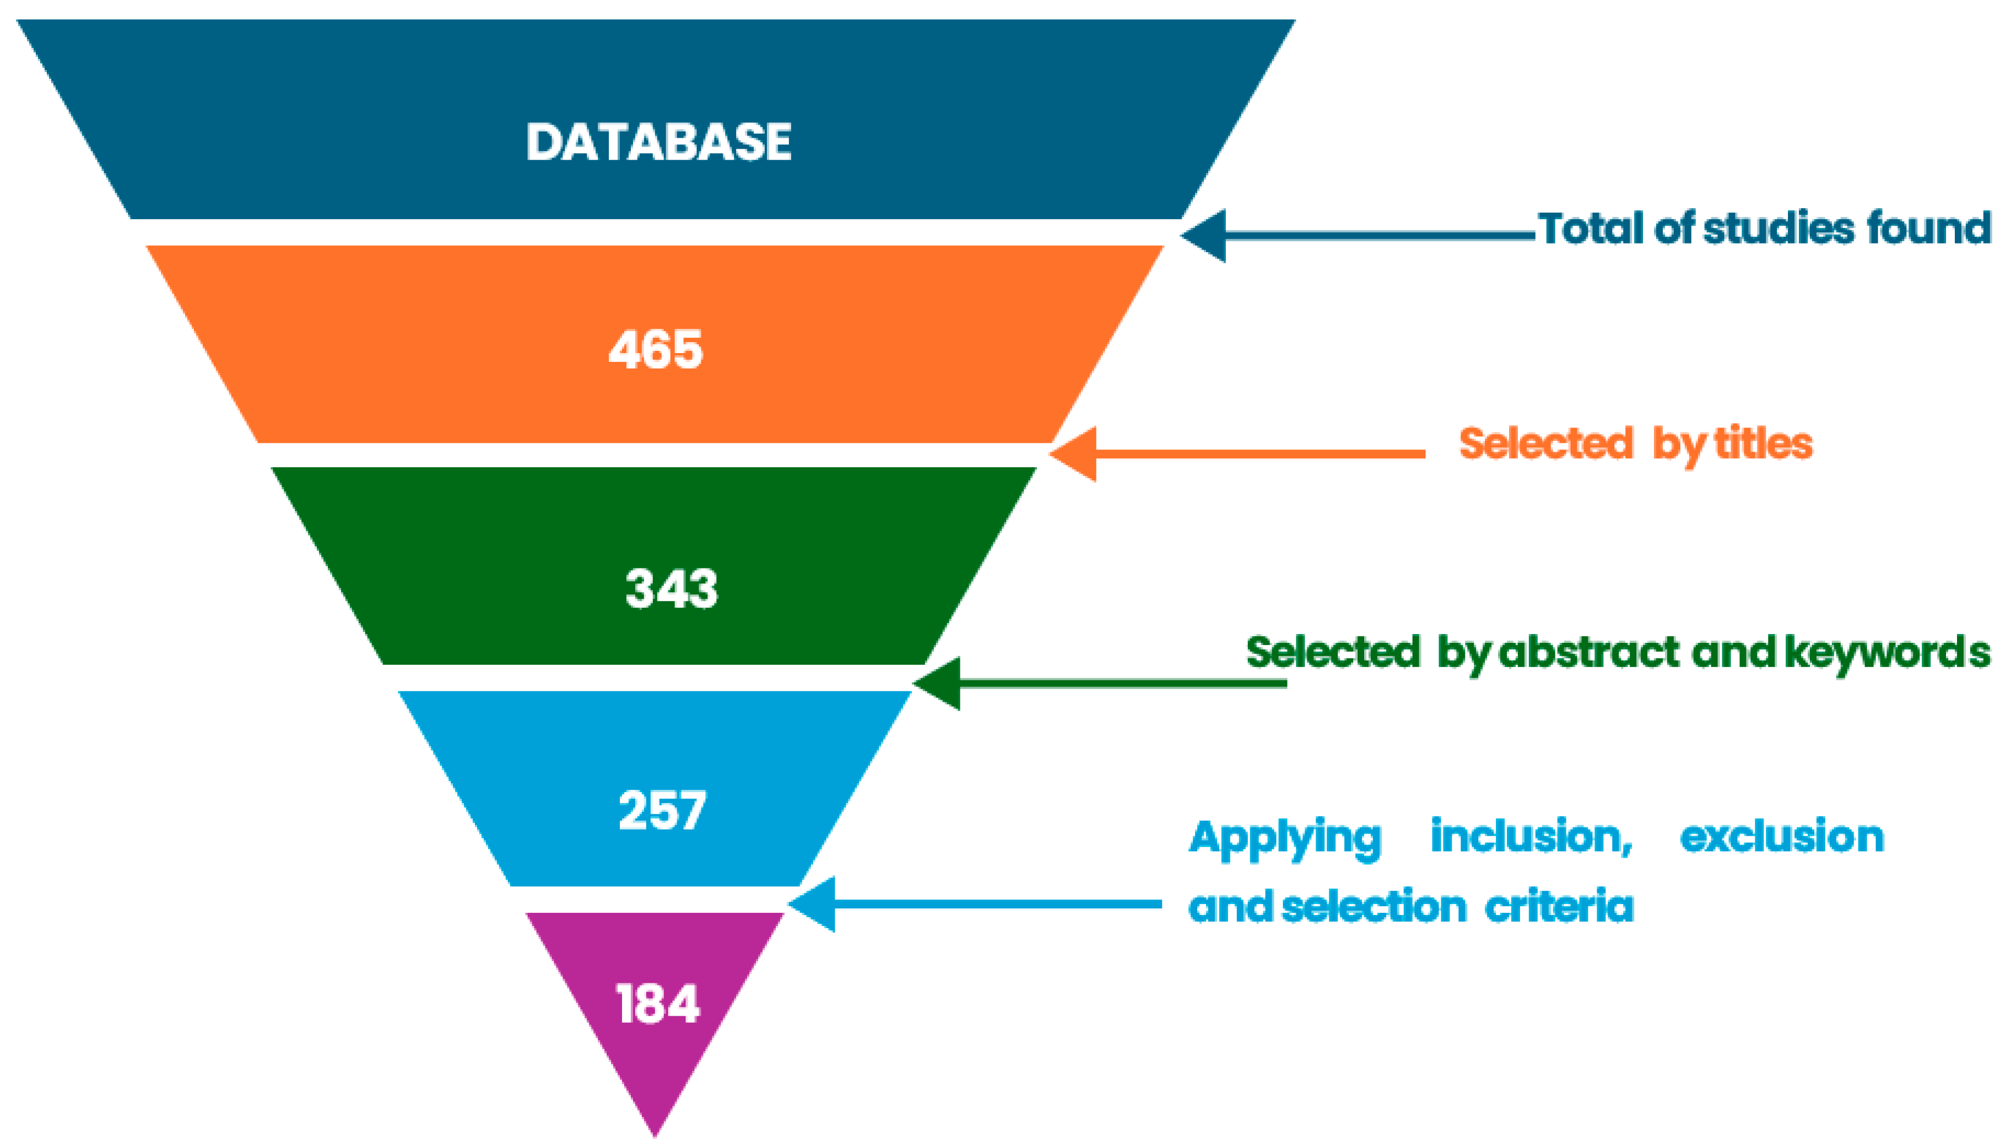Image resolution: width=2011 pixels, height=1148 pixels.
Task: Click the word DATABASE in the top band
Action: click(x=658, y=143)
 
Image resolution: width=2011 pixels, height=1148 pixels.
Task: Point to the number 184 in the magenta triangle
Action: click(x=657, y=1004)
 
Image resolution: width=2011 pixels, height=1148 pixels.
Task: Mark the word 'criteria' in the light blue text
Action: click(x=1558, y=906)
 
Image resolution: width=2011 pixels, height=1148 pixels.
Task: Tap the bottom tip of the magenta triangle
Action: click(x=655, y=1132)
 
